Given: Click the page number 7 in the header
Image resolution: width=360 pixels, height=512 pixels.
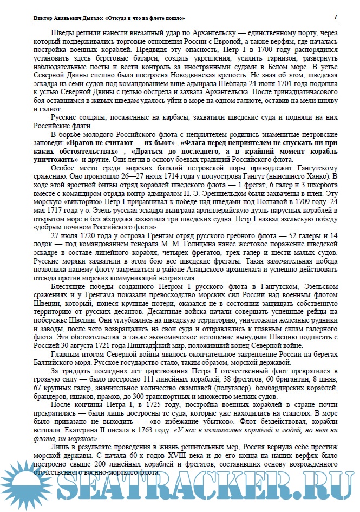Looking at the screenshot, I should coord(336,17).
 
